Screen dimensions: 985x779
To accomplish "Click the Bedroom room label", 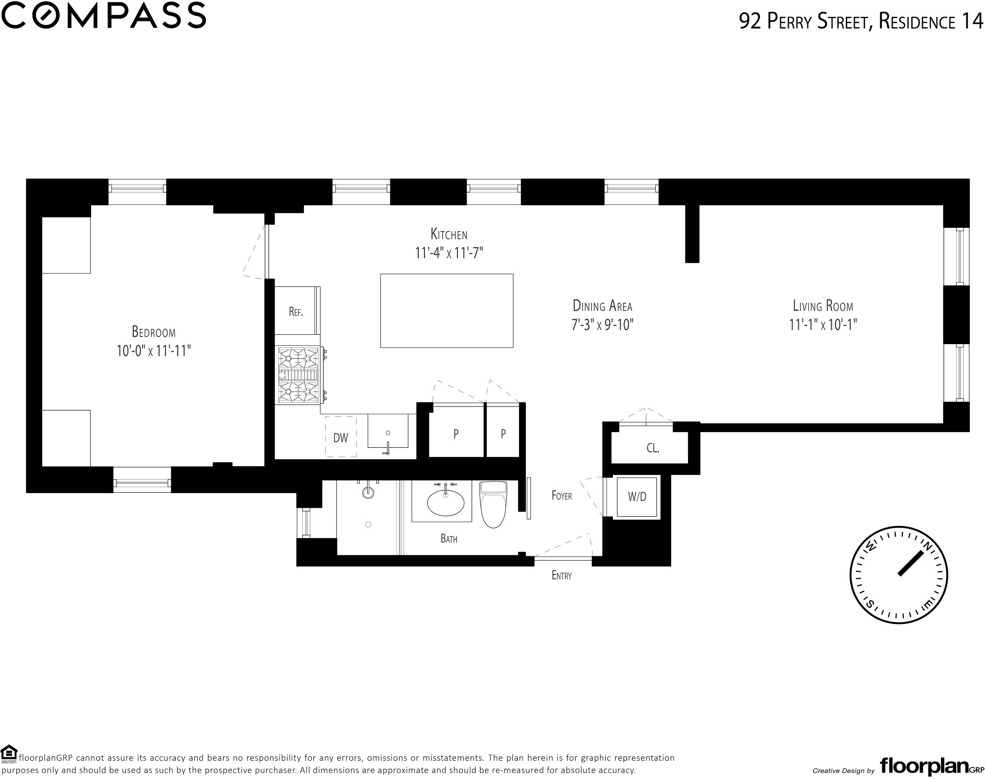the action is click(x=153, y=331).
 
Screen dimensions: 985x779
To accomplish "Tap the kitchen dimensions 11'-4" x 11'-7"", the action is click(x=449, y=253).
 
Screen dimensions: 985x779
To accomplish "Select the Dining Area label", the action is click(x=602, y=305).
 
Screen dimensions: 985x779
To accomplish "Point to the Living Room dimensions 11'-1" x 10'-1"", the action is click(x=823, y=325).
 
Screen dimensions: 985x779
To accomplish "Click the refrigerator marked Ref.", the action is click(x=297, y=311).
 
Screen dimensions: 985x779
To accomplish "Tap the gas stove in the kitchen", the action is click(x=300, y=375).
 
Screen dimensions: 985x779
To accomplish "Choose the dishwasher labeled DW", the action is click(x=340, y=437).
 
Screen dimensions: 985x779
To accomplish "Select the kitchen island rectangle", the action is click(x=446, y=311).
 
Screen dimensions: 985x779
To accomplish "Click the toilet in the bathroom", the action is click(x=493, y=504).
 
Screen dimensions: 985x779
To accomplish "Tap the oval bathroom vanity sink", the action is click(x=445, y=502).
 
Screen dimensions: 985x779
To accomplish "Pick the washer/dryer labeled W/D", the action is click(x=637, y=497).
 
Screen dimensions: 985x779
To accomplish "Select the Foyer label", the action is click(x=561, y=495).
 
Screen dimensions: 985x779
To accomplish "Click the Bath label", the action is click(x=449, y=538).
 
